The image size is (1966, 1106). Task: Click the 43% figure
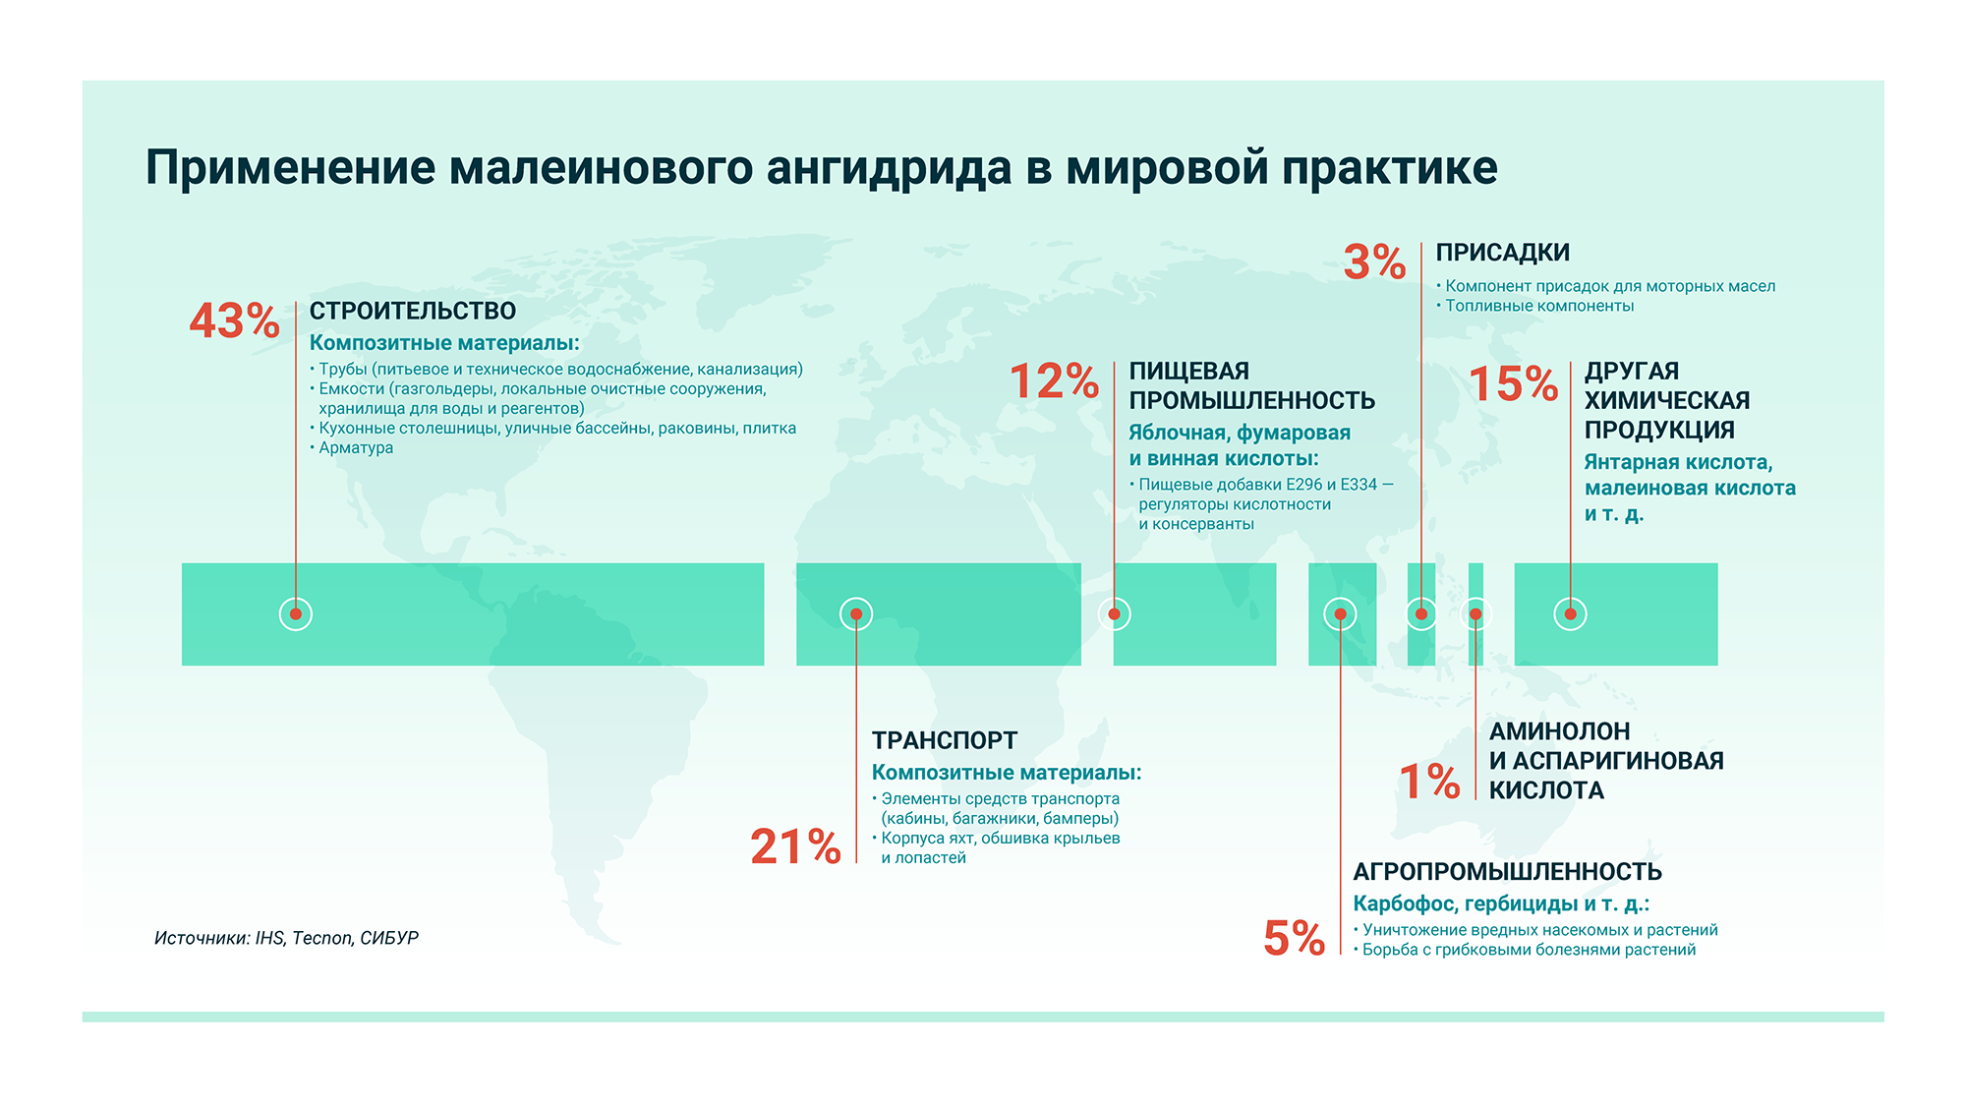[x=234, y=321]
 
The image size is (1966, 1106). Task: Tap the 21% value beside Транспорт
[x=795, y=846]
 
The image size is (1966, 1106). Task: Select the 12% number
[x=1054, y=381]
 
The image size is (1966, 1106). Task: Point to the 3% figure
[x=1374, y=262]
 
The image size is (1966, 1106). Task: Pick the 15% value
[x=1513, y=384]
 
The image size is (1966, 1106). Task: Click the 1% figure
[x=1429, y=782]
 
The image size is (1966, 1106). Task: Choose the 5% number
[x=1294, y=938]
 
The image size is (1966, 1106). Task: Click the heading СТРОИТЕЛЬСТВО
[x=413, y=312]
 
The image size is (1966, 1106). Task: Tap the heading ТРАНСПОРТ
[x=944, y=740]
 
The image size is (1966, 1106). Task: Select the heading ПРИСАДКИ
[x=1502, y=253]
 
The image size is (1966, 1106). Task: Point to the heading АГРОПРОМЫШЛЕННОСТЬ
[x=1507, y=872]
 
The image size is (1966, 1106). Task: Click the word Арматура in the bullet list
[x=356, y=448]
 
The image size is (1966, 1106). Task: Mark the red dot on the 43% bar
[x=296, y=614]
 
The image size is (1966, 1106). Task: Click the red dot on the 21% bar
[x=856, y=614]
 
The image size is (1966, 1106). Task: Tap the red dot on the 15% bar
[x=1570, y=614]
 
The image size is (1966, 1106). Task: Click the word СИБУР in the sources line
[x=389, y=938]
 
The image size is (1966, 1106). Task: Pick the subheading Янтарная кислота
[x=1677, y=463]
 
